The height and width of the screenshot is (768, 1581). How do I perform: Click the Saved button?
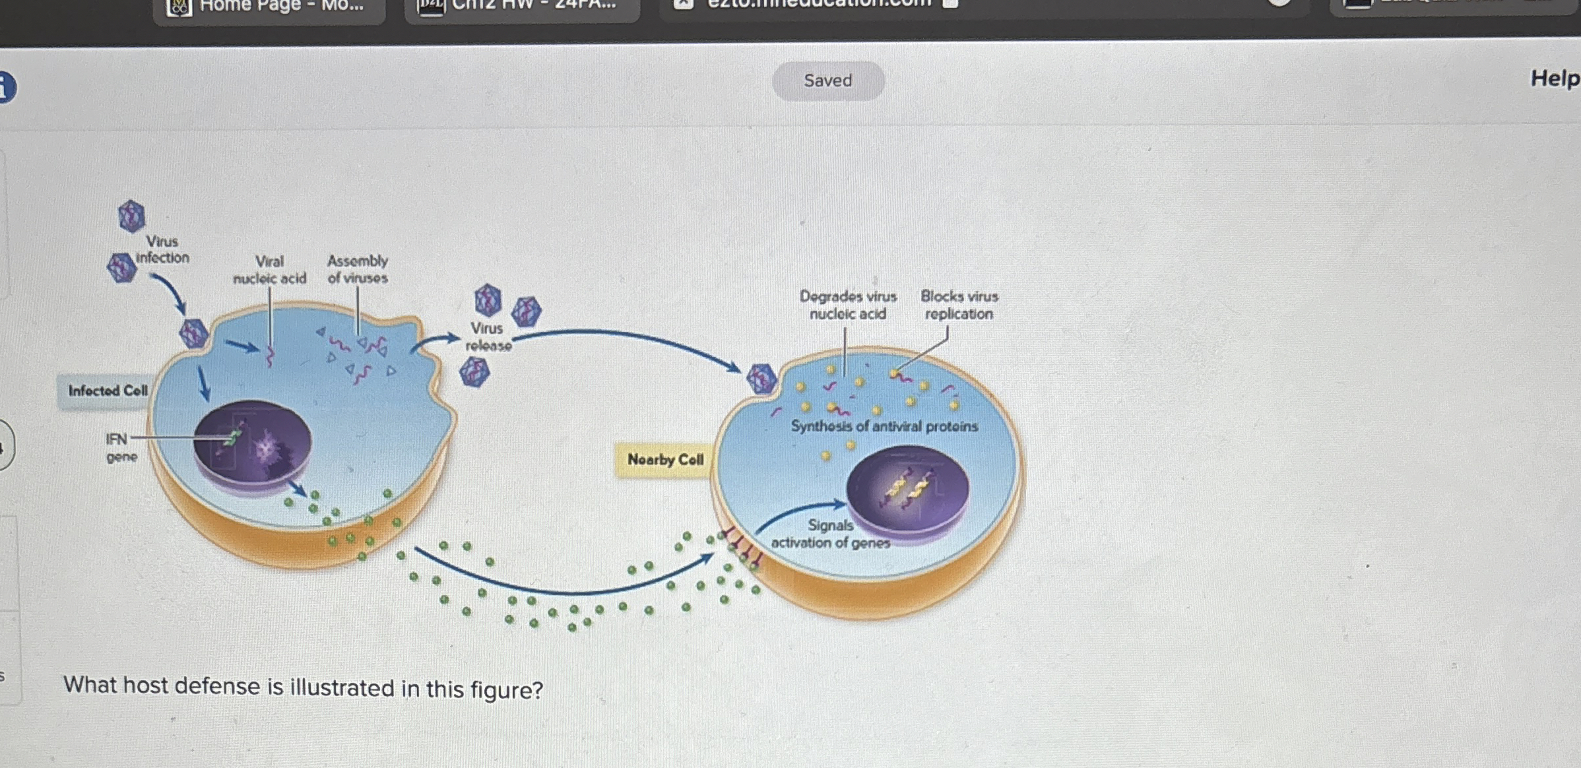tap(828, 80)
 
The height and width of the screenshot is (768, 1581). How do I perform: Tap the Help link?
tap(1555, 79)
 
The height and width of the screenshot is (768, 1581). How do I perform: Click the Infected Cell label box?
tap(108, 391)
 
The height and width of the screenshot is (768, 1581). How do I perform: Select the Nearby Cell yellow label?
tap(665, 459)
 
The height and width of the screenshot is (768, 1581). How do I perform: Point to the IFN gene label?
tap(121, 447)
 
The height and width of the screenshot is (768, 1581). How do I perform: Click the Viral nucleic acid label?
tap(269, 270)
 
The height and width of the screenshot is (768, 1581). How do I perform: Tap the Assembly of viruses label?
tap(358, 269)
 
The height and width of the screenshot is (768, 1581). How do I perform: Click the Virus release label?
tap(488, 336)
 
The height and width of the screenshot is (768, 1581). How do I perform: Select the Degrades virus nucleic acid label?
tap(848, 305)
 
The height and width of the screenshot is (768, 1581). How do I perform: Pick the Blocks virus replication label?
tap(959, 305)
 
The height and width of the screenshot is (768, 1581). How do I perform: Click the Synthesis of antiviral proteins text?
tap(884, 426)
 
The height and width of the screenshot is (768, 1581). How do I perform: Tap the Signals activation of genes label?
tap(830, 534)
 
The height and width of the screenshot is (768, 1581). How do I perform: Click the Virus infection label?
tap(162, 249)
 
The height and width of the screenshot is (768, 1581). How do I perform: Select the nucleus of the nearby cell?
tap(907, 488)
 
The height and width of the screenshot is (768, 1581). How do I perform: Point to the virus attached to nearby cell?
tap(761, 379)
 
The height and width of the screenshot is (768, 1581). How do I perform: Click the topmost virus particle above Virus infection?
tap(131, 216)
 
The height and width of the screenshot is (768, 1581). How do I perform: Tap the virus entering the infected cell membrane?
tap(194, 333)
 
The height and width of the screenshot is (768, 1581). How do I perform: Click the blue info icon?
tap(5, 88)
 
